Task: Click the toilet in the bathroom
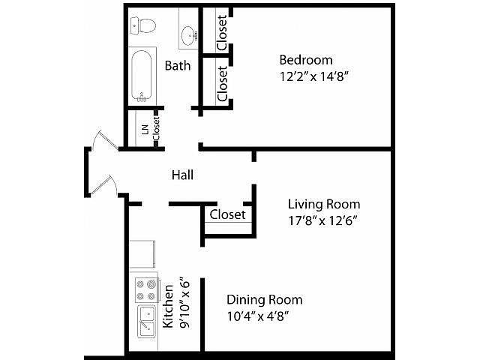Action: [143, 25]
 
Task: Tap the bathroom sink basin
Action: [188, 35]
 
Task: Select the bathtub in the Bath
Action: [142, 75]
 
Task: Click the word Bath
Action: [178, 65]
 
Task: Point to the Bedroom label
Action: [306, 60]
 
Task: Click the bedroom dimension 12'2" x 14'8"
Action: [314, 76]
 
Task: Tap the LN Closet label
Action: [151, 128]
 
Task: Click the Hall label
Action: [182, 175]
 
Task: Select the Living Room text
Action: [324, 204]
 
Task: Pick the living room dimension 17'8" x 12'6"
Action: [323, 220]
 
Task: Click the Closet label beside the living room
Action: [227, 214]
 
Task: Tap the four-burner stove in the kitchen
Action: [147, 290]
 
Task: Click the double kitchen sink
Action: [147, 322]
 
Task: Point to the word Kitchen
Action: [168, 307]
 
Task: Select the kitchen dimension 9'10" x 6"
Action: [185, 303]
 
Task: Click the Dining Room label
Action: [265, 300]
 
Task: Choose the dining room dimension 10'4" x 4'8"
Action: [258, 316]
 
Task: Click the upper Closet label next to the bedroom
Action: [222, 33]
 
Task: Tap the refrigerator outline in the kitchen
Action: [142, 255]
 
